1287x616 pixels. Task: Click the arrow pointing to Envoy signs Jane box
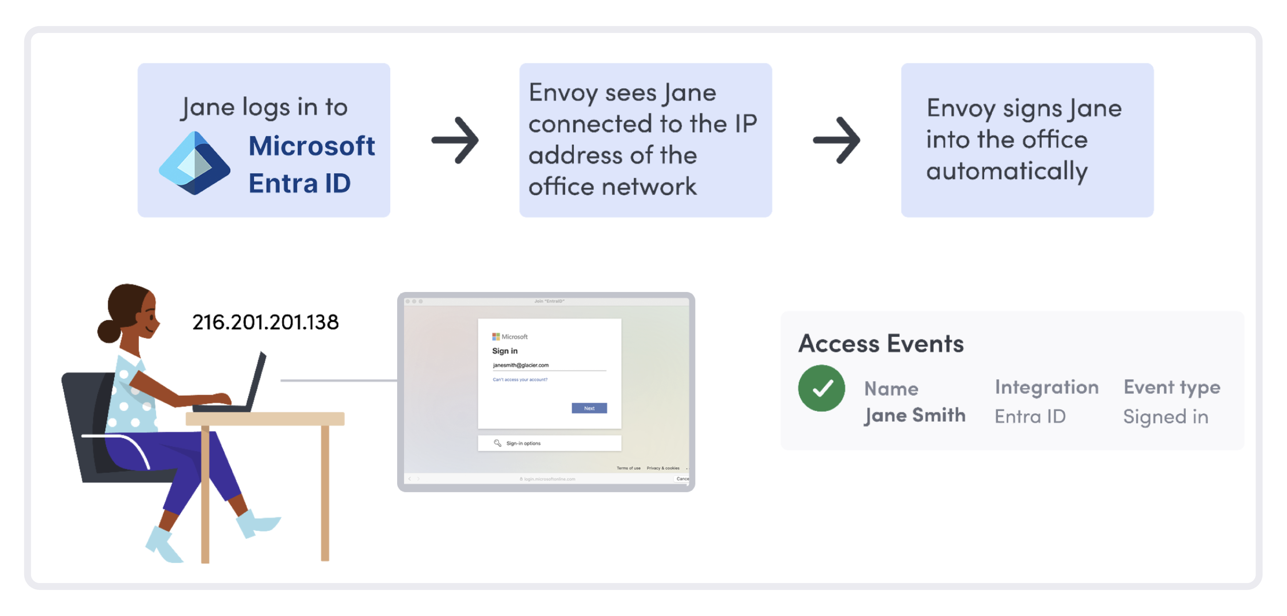(836, 140)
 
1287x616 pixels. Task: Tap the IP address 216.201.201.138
(265, 322)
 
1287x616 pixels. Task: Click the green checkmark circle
(821, 388)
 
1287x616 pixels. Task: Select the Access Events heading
(881, 344)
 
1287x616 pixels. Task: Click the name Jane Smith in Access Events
(915, 415)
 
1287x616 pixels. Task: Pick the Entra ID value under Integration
(1030, 416)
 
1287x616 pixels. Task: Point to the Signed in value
(1166, 416)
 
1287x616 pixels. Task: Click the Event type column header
(1172, 387)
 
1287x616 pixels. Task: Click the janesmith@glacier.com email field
(549, 365)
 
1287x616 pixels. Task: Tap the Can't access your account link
(520, 380)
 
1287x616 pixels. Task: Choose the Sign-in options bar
(549, 443)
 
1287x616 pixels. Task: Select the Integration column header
(1046, 387)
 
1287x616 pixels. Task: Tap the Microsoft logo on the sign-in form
(496, 337)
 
